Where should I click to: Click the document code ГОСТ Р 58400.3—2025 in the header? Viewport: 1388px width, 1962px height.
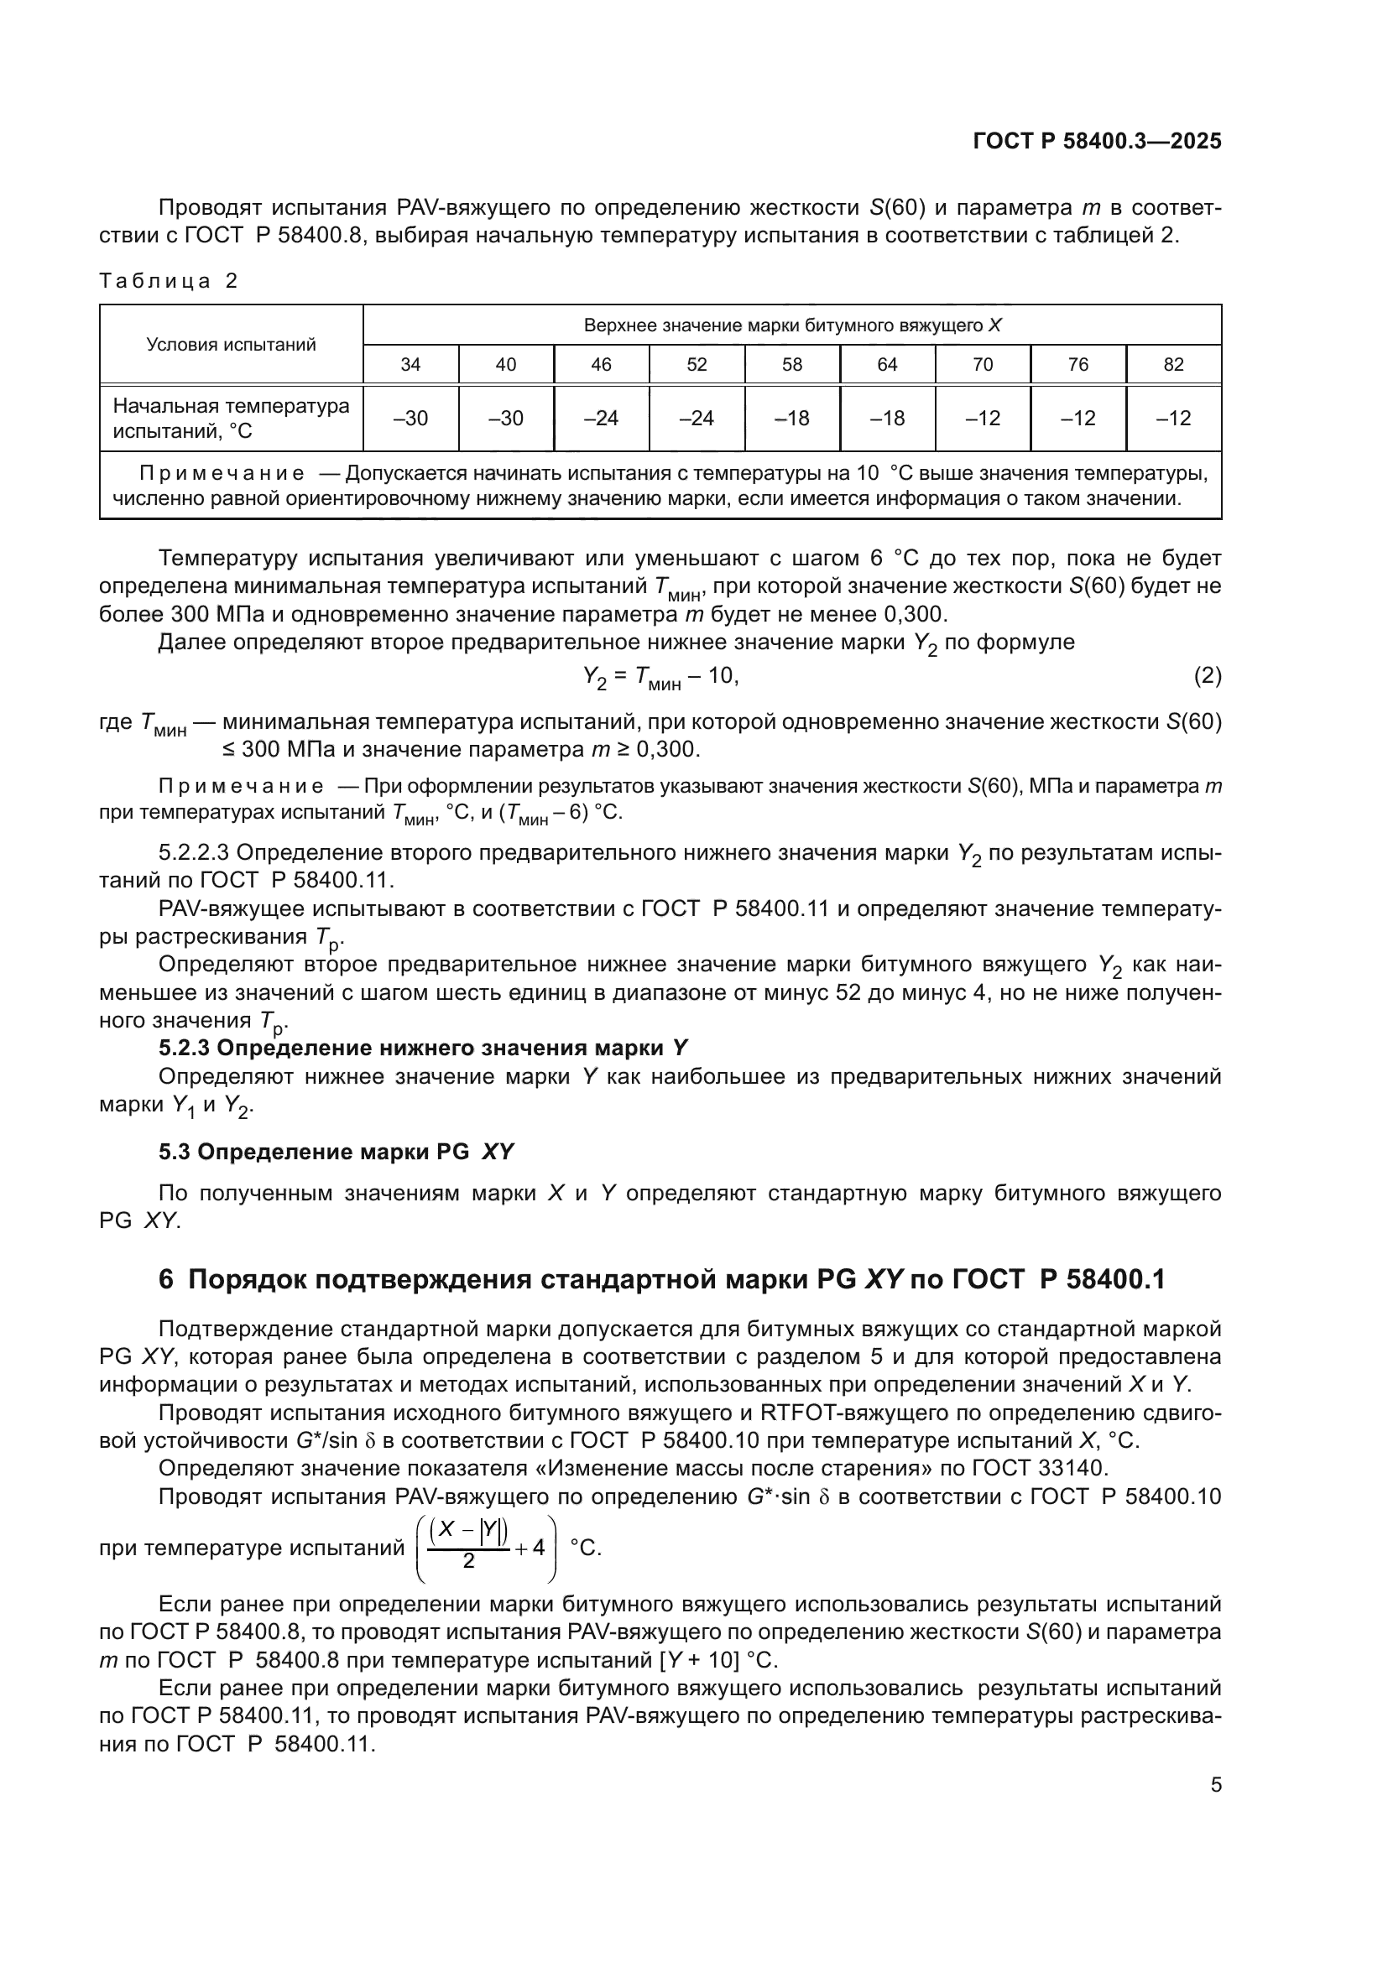point(1097,141)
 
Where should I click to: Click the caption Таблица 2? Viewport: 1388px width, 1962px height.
point(169,281)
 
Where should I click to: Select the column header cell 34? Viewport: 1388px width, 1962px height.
point(410,365)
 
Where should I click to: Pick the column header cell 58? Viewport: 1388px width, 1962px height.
point(792,365)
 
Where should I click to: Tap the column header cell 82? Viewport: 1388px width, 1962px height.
point(1173,365)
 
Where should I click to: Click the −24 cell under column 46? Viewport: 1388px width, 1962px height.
point(601,419)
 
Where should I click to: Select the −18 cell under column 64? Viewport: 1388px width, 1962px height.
point(887,419)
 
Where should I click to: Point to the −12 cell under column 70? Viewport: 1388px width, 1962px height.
point(983,419)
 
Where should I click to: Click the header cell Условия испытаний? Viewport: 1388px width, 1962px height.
point(231,345)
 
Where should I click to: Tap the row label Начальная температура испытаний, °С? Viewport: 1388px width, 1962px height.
point(231,419)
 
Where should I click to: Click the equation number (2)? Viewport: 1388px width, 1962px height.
point(1207,677)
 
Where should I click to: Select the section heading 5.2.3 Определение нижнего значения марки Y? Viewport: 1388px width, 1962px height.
point(423,1049)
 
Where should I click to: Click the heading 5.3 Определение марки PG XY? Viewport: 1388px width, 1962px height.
point(336,1153)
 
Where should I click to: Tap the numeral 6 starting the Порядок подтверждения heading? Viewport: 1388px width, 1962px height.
point(166,1280)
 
